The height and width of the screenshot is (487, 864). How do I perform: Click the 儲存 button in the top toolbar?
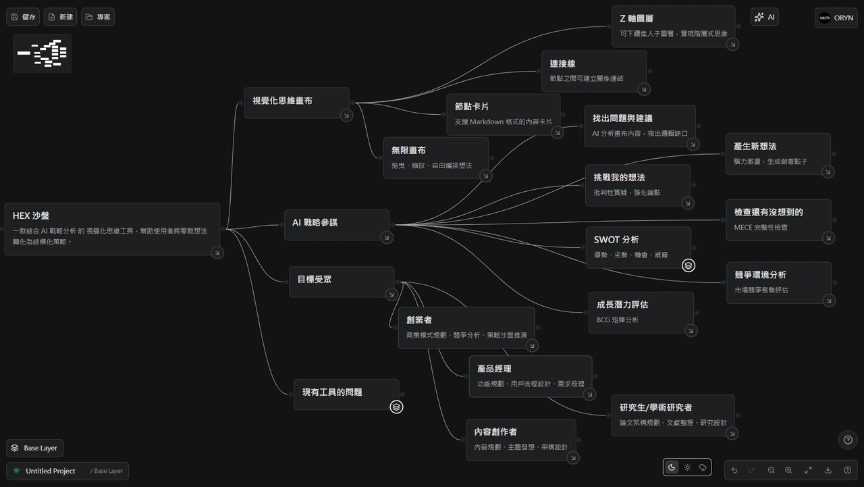tap(23, 17)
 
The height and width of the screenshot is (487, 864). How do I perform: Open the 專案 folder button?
tap(98, 17)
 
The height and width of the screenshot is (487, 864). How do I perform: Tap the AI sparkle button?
tap(765, 17)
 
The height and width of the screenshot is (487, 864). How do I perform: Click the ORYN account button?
tap(836, 18)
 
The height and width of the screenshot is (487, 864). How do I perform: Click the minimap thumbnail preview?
tap(43, 53)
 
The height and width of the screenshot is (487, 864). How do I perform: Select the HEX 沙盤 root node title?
tap(31, 215)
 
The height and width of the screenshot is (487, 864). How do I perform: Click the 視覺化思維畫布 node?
tap(296, 103)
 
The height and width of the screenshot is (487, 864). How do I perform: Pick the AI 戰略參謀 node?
tap(337, 225)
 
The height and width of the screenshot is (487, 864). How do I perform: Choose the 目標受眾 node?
tap(342, 282)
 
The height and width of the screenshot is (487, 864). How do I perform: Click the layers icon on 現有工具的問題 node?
tap(396, 407)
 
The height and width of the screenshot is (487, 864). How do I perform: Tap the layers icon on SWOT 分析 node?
tap(688, 265)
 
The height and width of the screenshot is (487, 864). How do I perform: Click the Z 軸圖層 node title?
tap(637, 18)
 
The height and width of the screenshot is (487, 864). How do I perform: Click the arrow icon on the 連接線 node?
tap(644, 90)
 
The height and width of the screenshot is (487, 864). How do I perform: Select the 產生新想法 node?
tap(778, 154)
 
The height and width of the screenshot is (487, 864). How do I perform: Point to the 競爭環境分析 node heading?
tap(760, 275)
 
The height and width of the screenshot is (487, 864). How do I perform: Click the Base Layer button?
tap(34, 448)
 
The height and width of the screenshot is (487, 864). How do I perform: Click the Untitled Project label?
tap(50, 471)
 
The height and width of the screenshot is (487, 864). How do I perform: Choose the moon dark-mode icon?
tap(672, 467)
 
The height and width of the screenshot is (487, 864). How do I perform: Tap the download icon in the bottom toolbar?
tap(828, 470)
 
